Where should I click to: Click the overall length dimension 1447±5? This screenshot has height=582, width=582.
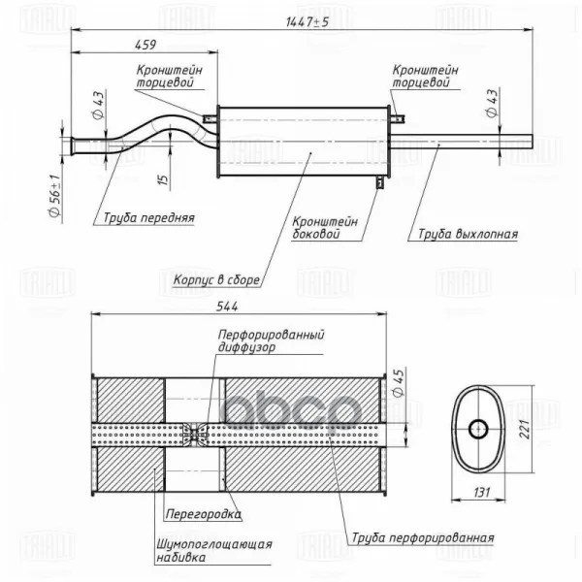(x=308, y=20)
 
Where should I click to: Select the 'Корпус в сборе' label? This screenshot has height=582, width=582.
(x=216, y=279)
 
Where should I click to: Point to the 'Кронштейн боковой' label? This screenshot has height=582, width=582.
(x=326, y=227)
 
